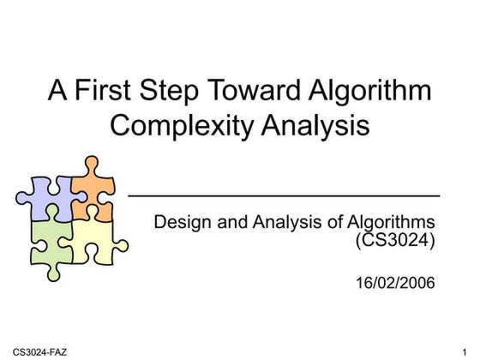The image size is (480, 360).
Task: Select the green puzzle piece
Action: (x=49, y=239)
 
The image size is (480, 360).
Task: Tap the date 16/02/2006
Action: (x=395, y=282)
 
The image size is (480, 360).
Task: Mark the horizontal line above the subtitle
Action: (x=283, y=195)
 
